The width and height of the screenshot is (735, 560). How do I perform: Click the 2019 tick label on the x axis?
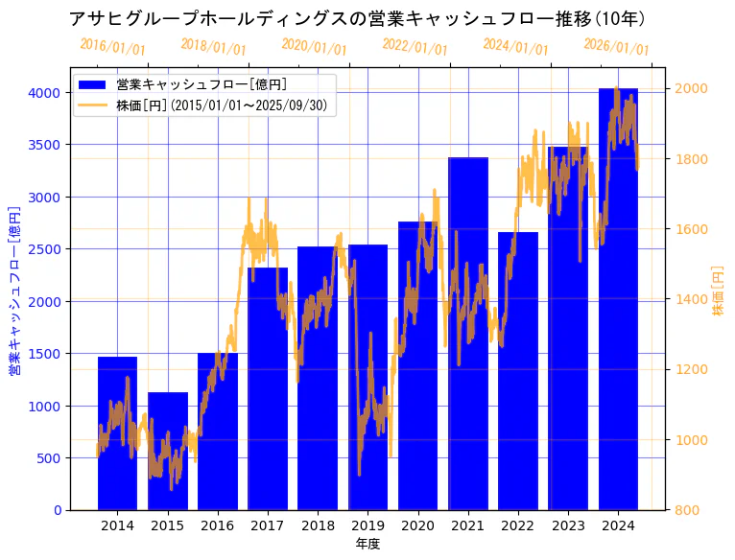pyautogui.click(x=367, y=525)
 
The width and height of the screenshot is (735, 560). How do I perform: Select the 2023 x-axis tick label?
pyautogui.click(x=568, y=525)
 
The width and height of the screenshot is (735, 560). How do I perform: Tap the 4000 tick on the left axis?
pyautogui.click(x=44, y=93)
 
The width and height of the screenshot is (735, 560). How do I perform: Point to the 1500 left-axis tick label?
pyautogui.click(x=44, y=354)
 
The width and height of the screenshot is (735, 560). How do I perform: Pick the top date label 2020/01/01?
pyautogui.click(x=314, y=47)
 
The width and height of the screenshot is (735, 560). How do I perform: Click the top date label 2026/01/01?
pyautogui.click(x=616, y=47)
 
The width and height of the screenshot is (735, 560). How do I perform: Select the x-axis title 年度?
pyautogui.click(x=367, y=544)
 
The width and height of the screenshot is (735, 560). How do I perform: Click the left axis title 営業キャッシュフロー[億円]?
pyautogui.click(x=14, y=289)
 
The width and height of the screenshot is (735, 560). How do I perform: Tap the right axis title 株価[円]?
pyautogui.click(x=719, y=291)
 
